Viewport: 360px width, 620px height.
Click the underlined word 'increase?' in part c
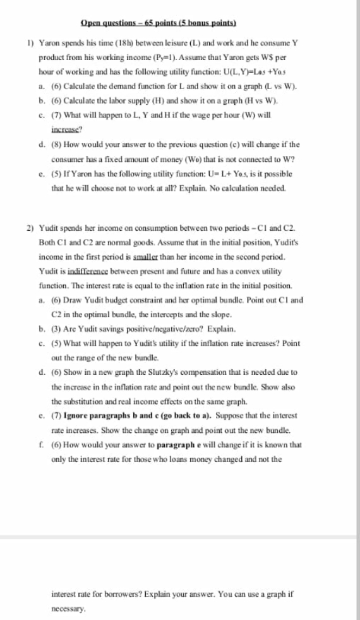[66, 130]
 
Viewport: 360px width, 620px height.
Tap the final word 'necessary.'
[68, 609]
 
